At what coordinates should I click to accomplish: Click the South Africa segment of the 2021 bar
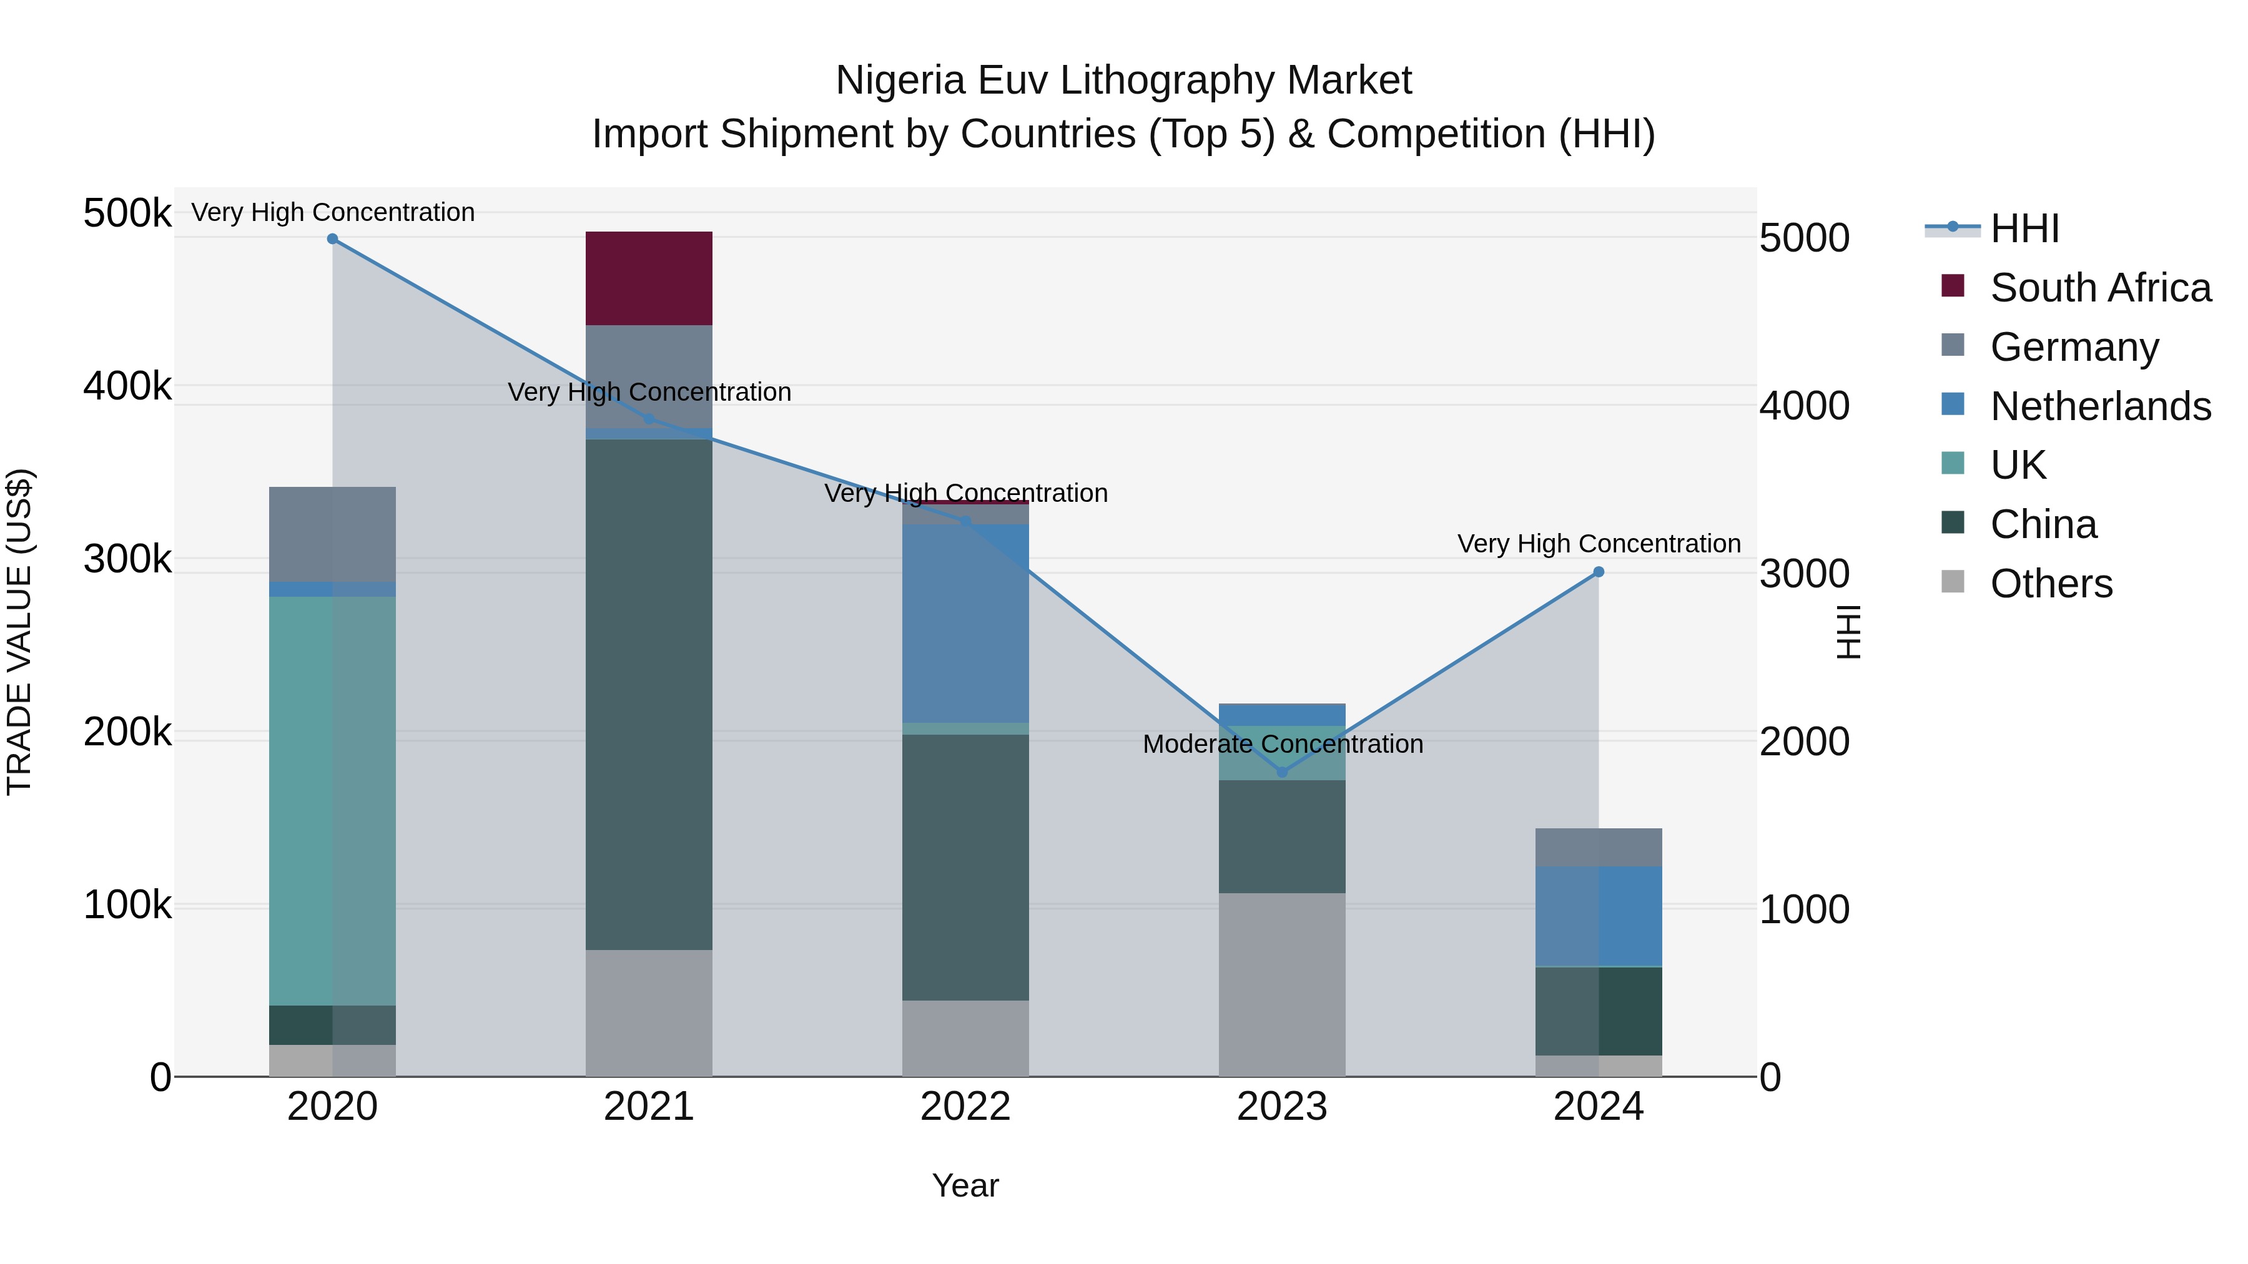point(648,278)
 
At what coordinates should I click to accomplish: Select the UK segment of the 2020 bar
point(332,800)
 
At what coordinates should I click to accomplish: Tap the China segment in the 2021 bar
point(648,693)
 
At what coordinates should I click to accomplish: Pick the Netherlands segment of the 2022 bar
point(965,623)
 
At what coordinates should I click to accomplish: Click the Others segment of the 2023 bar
point(1281,984)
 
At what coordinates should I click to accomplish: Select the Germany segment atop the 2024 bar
point(1598,847)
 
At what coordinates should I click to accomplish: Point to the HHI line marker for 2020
point(332,239)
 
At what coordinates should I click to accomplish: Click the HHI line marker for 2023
point(1282,772)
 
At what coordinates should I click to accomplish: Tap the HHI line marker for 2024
point(1599,572)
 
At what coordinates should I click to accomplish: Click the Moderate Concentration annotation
point(1283,744)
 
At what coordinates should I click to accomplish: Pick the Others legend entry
point(2051,584)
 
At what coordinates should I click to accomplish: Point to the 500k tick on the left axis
point(127,213)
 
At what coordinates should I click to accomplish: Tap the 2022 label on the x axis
point(965,1107)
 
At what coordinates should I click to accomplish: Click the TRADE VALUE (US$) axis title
point(19,632)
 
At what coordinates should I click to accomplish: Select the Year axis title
point(965,1185)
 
